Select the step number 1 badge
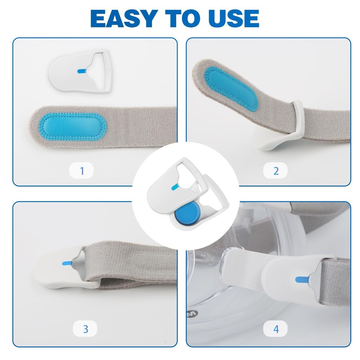tap(82, 171)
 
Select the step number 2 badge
tap(276, 171)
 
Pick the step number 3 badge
tap(85, 329)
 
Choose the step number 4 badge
tap(276, 329)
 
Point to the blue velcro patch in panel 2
tap(231, 88)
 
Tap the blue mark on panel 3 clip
tap(67, 263)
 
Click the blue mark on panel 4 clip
tap(301, 279)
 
